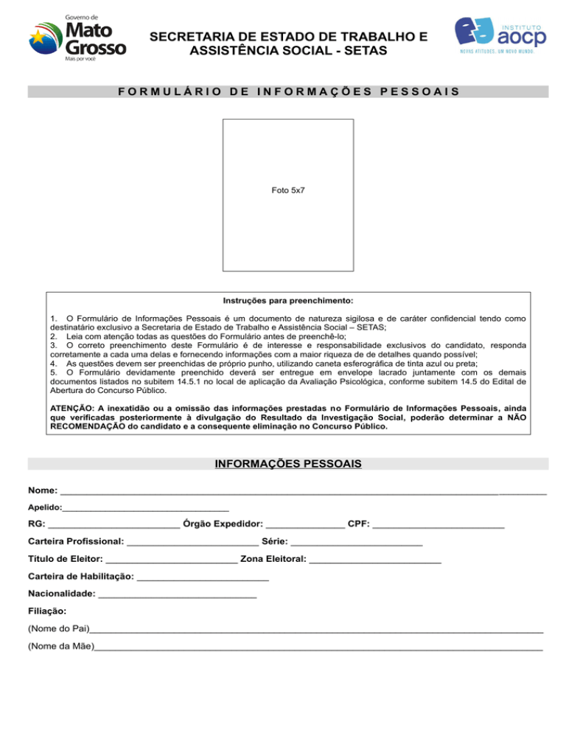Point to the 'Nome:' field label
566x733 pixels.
(42, 491)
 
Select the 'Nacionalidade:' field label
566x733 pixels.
(61, 594)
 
